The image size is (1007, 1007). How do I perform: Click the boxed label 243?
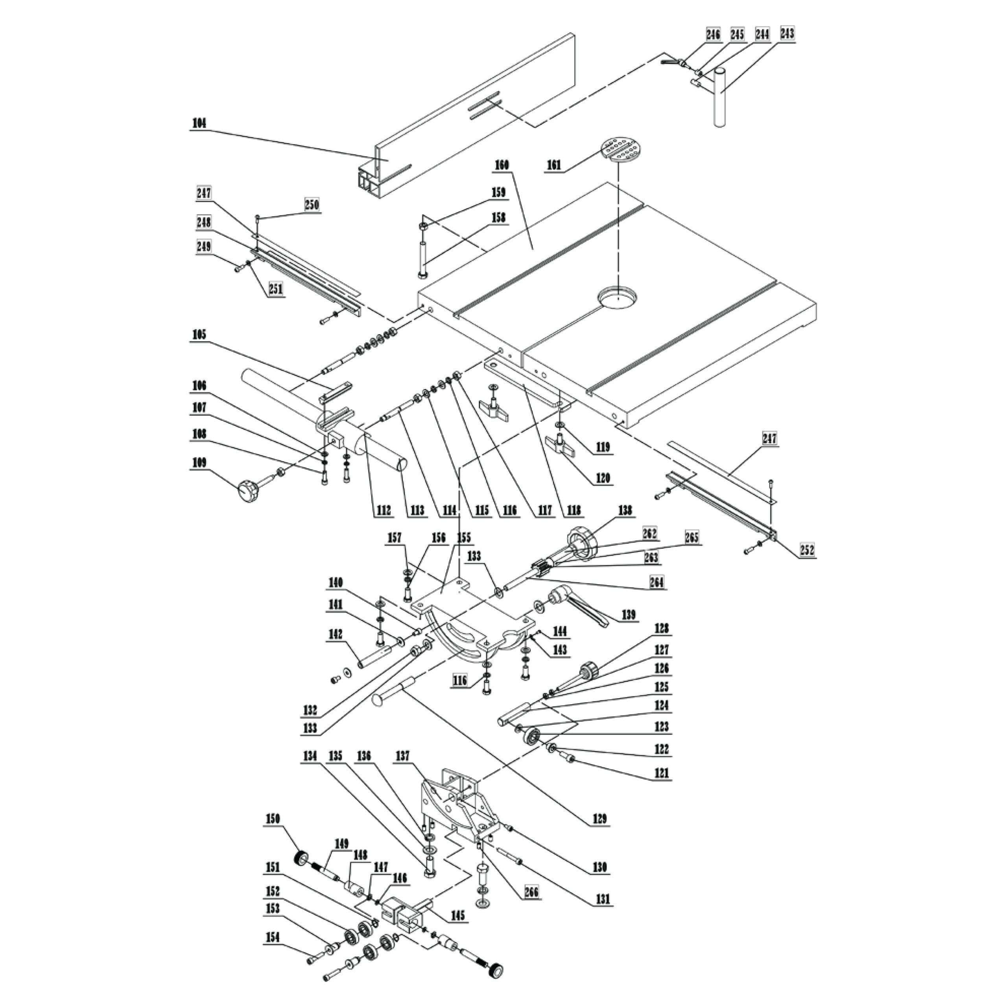tap(787, 34)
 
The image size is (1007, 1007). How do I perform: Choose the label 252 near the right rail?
tap(808, 550)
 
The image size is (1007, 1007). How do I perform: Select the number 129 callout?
tap(600, 820)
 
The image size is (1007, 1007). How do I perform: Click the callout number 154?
tap(272, 952)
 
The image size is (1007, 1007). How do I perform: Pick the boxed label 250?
tap(312, 204)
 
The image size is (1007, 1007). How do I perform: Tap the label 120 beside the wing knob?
tap(603, 478)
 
